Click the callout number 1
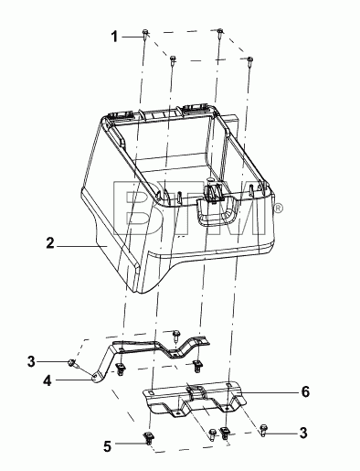(114, 37)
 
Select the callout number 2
(50, 243)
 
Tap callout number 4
(48, 380)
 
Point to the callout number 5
(107, 446)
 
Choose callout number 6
(305, 391)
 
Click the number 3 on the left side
(31, 362)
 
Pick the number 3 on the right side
(303, 433)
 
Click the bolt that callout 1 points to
(145, 33)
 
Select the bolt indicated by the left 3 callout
(72, 362)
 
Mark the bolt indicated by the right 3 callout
(264, 429)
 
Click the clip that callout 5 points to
(149, 438)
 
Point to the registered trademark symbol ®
(279, 209)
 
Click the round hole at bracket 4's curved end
(95, 377)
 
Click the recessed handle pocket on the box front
(217, 212)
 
